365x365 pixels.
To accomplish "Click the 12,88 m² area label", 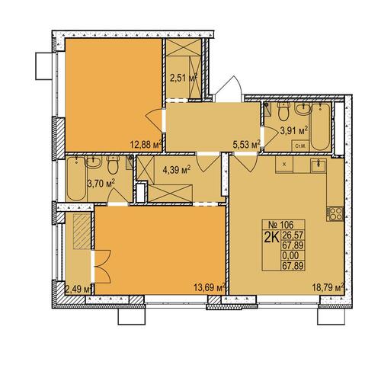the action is (x=146, y=145).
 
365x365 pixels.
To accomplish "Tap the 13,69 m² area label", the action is (x=210, y=287).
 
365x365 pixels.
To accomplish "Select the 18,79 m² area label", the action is (x=328, y=287).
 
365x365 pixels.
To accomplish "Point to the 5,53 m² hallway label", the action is (x=247, y=145).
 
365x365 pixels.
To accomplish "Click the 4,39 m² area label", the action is (x=176, y=169).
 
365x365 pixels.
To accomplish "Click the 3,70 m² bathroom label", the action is (x=101, y=184).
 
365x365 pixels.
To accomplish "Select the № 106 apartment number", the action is (x=281, y=225).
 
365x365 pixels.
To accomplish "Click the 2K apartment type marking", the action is (x=272, y=237).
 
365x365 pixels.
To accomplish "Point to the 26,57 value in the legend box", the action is (x=293, y=235).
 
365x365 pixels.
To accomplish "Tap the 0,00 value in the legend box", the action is (x=290, y=255).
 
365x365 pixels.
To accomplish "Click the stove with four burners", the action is (x=335, y=213).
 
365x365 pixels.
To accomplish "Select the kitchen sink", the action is (x=319, y=165).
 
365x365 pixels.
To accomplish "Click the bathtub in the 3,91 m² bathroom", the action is (x=320, y=126).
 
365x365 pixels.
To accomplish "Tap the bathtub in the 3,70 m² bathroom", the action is (x=76, y=178).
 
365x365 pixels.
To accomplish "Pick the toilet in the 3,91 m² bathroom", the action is (x=283, y=111).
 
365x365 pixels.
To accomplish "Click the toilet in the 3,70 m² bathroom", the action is (x=113, y=165).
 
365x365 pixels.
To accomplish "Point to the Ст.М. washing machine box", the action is (x=300, y=146).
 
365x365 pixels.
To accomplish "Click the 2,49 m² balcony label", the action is (x=78, y=289).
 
